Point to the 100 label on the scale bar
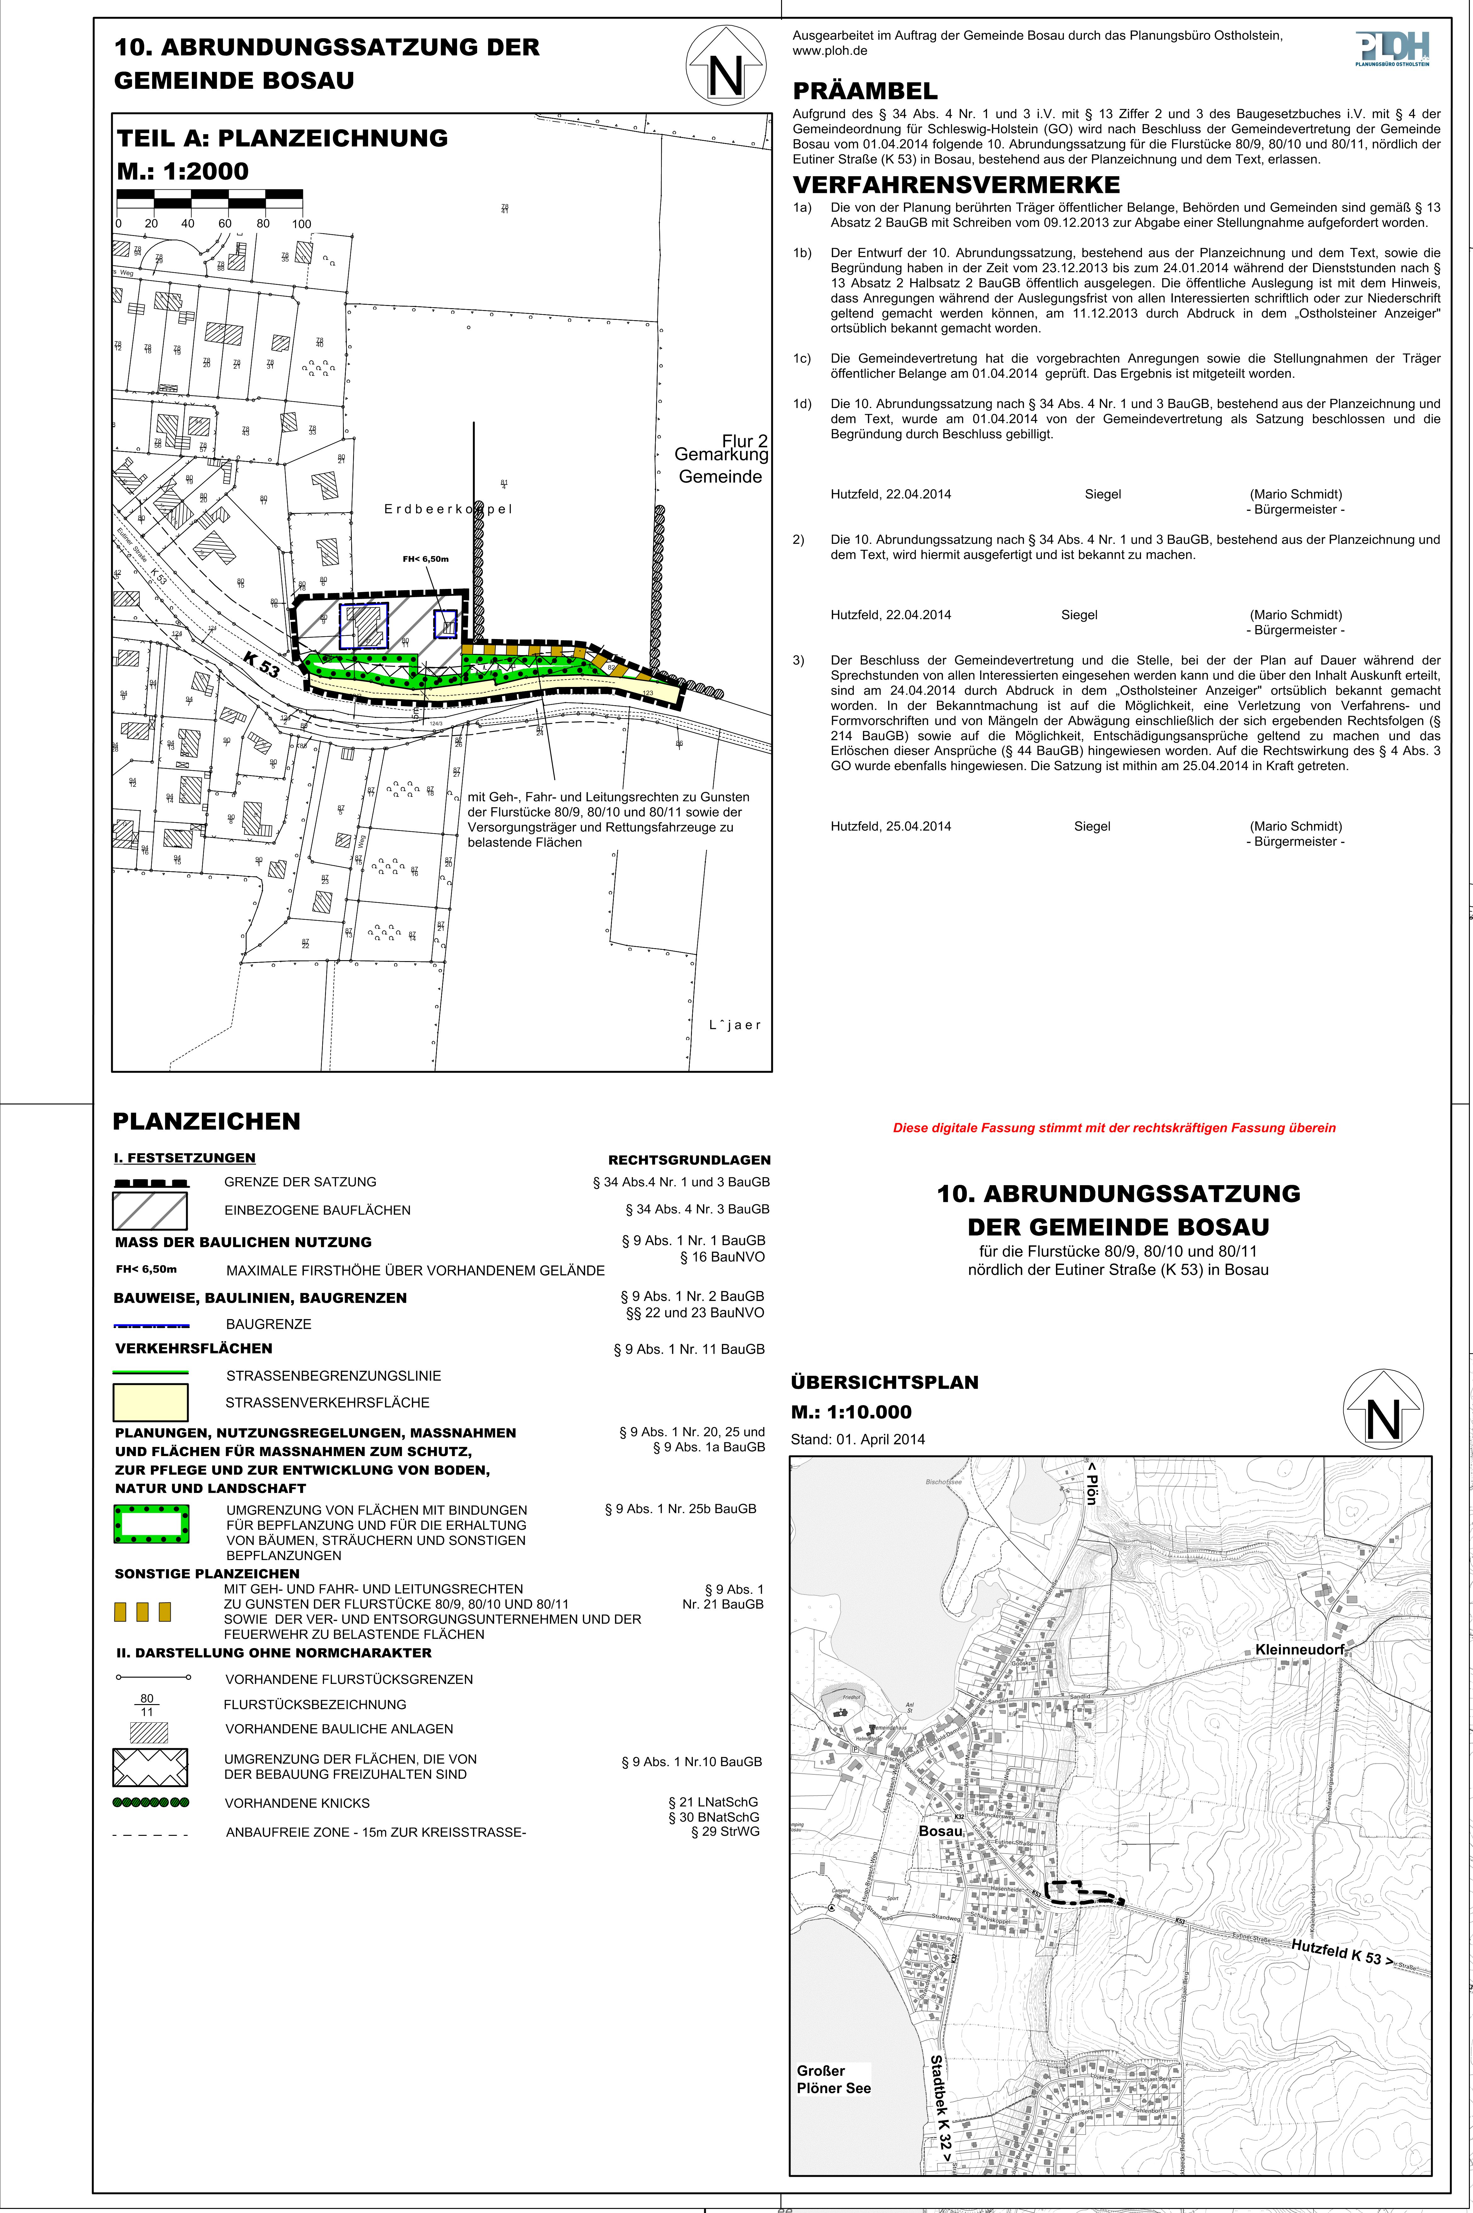pyautogui.click(x=300, y=224)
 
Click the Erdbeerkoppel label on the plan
pyautogui.click(x=448, y=509)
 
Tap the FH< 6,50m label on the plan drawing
pyautogui.click(x=425, y=559)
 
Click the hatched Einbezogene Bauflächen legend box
pyautogui.click(x=150, y=1210)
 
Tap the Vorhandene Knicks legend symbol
pyautogui.click(x=150, y=1802)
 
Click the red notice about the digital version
pyautogui.click(x=1113, y=1128)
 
